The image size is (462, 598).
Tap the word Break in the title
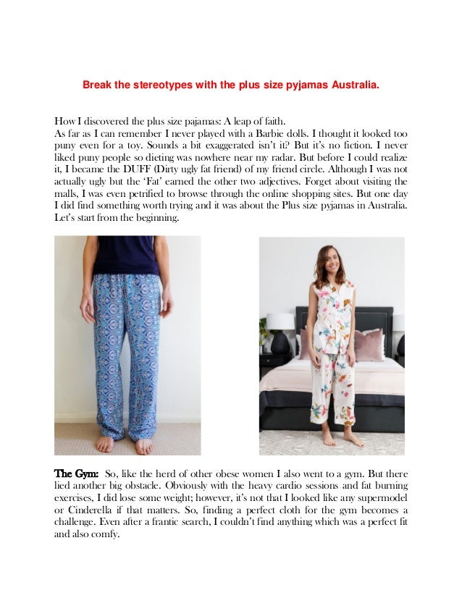coord(96,85)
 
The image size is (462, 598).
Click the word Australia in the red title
coord(353,85)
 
